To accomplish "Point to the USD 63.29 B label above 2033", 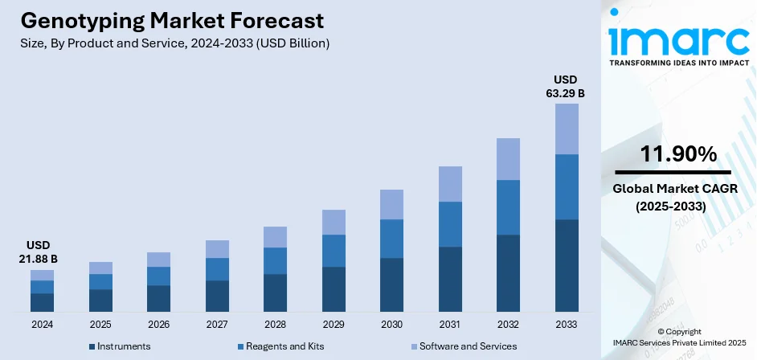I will (567, 87).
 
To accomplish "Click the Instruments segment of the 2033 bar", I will (567, 265).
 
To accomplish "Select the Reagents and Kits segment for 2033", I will (567, 186).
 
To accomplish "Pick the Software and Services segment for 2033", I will (567, 129).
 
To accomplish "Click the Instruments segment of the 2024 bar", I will (42, 302).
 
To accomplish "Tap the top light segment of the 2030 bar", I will (391, 204).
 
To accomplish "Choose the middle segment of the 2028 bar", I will (275, 260).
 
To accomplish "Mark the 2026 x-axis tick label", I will (158, 325).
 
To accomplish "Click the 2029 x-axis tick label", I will (333, 325).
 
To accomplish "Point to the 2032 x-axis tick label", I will (509, 325).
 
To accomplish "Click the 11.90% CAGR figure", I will (677, 154).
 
